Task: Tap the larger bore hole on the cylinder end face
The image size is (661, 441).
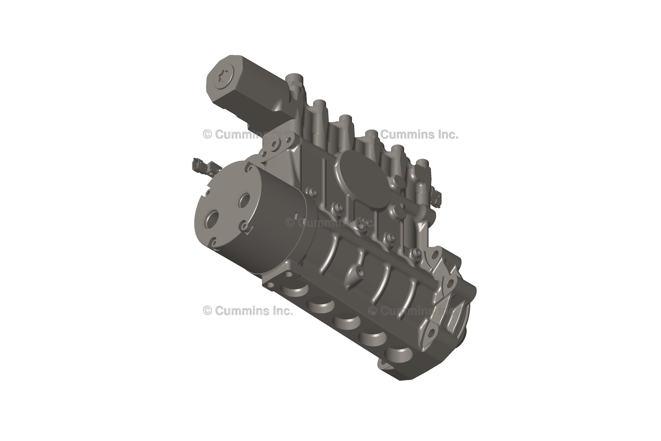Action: (x=212, y=218)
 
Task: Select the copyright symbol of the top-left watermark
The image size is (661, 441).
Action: (x=207, y=135)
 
